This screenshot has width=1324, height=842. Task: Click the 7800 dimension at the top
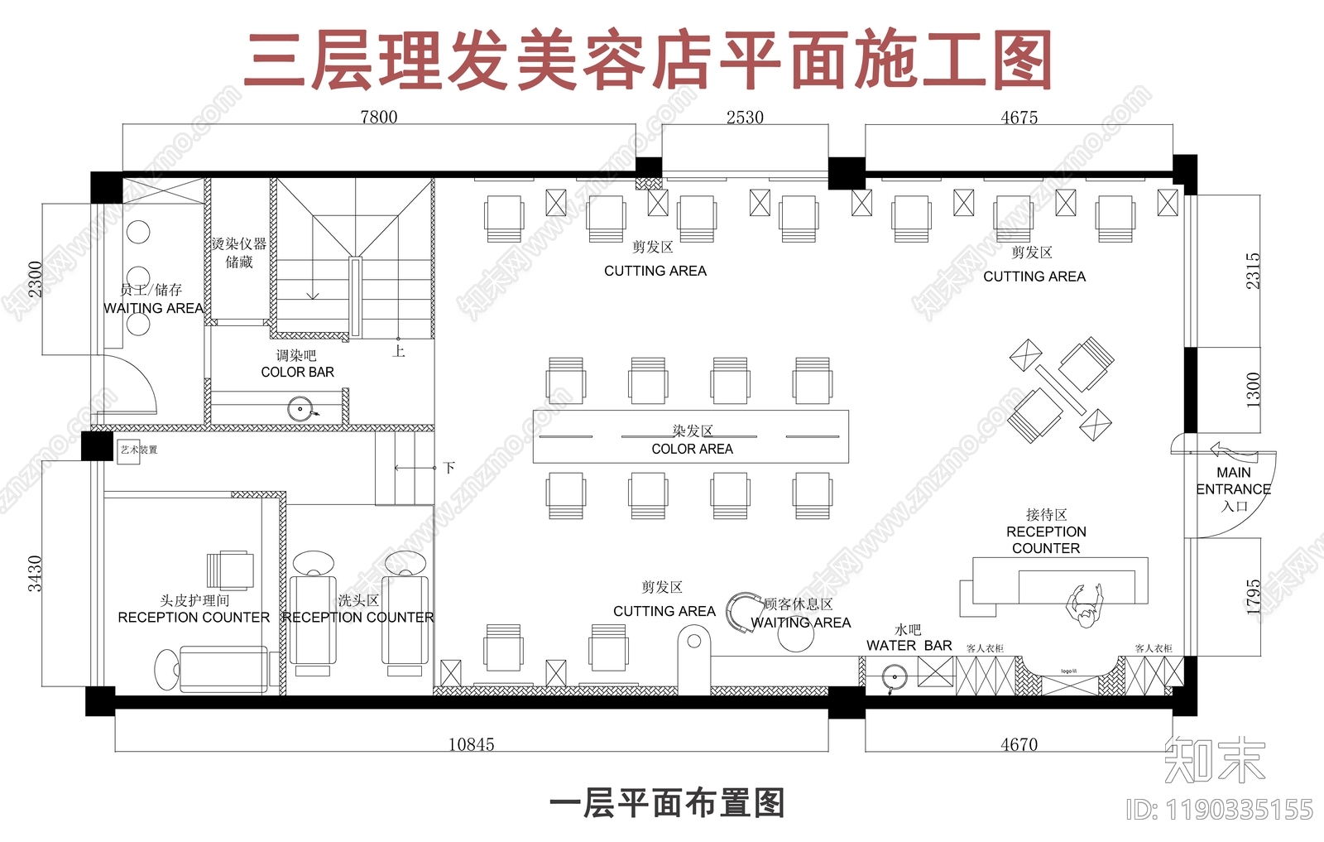[379, 118]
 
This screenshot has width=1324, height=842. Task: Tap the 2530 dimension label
[745, 118]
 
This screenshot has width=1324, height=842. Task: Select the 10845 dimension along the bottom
[471, 744]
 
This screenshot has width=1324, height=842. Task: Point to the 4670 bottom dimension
[1019, 744]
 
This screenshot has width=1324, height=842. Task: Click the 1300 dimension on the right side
[1253, 389]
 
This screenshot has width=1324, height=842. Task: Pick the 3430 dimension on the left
[35, 573]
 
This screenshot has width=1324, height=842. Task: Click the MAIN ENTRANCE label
[1233, 481]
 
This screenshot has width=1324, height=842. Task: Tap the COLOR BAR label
[297, 373]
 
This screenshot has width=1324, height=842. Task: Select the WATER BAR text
[909, 645]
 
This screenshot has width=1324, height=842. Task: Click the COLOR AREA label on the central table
[692, 449]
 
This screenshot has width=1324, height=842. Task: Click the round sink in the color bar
[300, 408]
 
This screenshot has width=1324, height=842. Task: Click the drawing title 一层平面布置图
[667, 803]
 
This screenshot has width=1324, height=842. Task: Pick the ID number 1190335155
[1220, 809]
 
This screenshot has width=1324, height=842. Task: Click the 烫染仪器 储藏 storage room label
[238, 253]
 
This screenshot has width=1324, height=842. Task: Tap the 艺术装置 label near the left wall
[138, 450]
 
